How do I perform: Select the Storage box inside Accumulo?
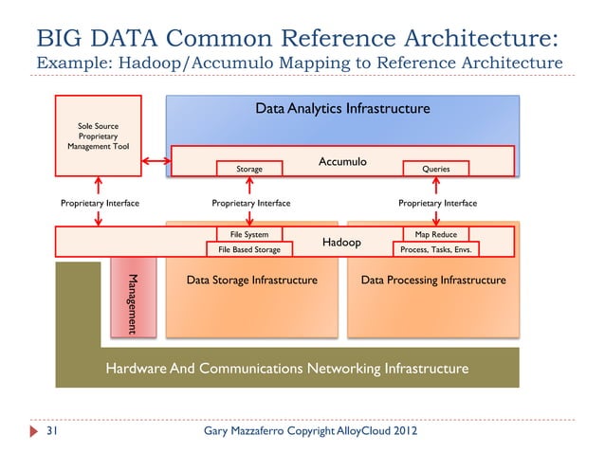pos(249,168)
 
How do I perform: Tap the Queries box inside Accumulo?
pos(437,168)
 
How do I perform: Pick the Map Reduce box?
pos(437,233)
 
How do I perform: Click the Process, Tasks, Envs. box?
pos(437,250)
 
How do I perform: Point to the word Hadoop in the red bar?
pos(341,243)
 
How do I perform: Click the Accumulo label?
pos(341,162)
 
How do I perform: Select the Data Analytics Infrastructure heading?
pos(342,109)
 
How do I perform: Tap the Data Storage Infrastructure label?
pos(251,281)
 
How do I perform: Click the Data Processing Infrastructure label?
pos(433,281)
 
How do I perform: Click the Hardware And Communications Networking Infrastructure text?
pos(286,368)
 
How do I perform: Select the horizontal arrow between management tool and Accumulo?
pos(156,162)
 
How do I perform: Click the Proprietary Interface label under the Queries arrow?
pos(437,203)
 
